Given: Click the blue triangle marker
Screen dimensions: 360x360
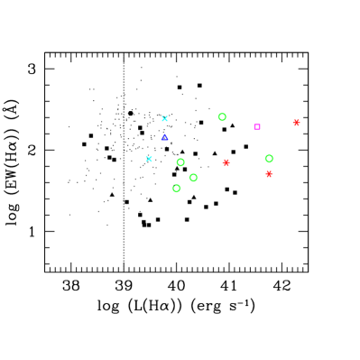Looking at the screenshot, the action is click(x=164, y=137).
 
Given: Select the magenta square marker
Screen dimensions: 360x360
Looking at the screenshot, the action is click(x=257, y=127).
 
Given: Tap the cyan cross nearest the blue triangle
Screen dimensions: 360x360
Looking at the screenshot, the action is click(x=164, y=118).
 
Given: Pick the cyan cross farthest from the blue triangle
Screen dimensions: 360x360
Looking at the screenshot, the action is click(x=149, y=159).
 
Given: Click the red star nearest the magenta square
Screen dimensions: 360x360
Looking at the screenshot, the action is click(x=296, y=123).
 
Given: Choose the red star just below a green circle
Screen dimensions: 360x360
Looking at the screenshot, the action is click(x=269, y=174).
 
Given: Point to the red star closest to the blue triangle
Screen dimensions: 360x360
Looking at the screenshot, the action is click(x=226, y=163).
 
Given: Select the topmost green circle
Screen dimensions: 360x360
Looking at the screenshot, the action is click(x=222, y=116).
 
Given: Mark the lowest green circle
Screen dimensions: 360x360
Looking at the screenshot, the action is click(x=176, y=189).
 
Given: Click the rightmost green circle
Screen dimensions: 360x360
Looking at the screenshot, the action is click(x=269, y=159).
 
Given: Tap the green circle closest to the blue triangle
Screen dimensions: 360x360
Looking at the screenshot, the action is click(x=180, y=162).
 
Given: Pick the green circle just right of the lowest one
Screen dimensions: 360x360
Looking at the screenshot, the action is click(x=193, y=178).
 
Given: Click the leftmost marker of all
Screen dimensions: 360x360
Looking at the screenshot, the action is click(x=149, y=159).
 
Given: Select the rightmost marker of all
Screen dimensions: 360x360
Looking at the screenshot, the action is click(x=296, y=123).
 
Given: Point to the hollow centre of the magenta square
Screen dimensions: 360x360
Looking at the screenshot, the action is click(x=257, y=127).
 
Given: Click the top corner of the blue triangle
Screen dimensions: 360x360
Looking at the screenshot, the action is click(x=164, y=134).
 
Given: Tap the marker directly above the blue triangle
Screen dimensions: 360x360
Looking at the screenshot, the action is click(x=164, y=118).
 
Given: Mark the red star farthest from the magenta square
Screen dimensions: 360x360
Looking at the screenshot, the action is click(x=226, y=163).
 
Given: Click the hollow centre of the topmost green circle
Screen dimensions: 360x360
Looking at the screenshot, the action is click(x=222, y=116).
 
